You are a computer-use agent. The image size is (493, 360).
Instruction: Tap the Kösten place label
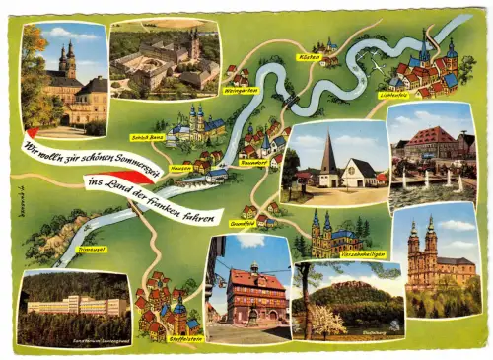[x=309, y=57]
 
